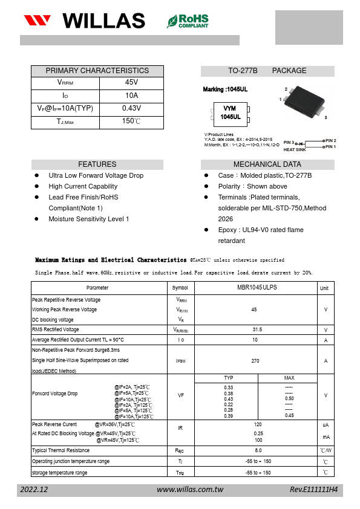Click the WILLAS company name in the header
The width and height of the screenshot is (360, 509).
(103, 21)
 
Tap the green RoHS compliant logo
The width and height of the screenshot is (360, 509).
(188, 21)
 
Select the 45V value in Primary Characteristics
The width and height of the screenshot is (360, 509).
(131, 82)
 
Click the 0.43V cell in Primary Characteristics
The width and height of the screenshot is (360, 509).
(131, 108)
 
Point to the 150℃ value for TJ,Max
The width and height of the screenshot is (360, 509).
(131, 122)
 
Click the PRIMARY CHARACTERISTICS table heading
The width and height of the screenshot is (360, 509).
(97, 71)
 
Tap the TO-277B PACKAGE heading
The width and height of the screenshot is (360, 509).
(267, 71)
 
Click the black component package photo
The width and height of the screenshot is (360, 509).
(306, 102)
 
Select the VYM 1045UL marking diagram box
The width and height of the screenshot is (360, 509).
(230, 112)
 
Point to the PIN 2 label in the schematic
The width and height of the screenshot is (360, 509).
(330, 140)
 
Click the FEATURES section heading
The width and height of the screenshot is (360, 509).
(97, 164)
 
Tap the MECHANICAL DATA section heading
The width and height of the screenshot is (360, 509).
(267, 164)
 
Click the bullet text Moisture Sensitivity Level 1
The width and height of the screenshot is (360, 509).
(89, 219)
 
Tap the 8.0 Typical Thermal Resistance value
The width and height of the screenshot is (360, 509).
(258, 450)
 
